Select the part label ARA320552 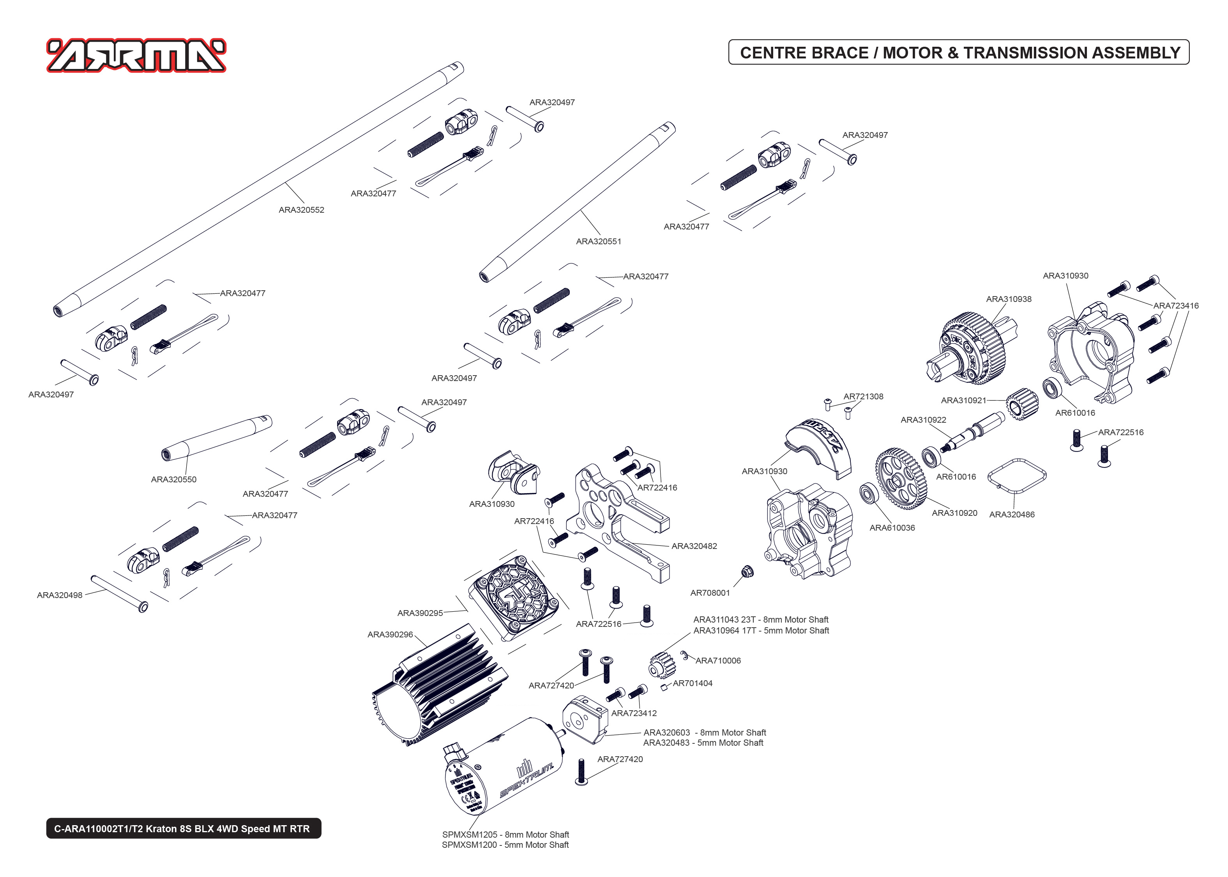301,210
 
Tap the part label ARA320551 598,242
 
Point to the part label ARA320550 173,480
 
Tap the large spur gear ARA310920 900,478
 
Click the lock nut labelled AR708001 747,571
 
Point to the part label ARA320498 59,595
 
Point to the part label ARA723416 1176,306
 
